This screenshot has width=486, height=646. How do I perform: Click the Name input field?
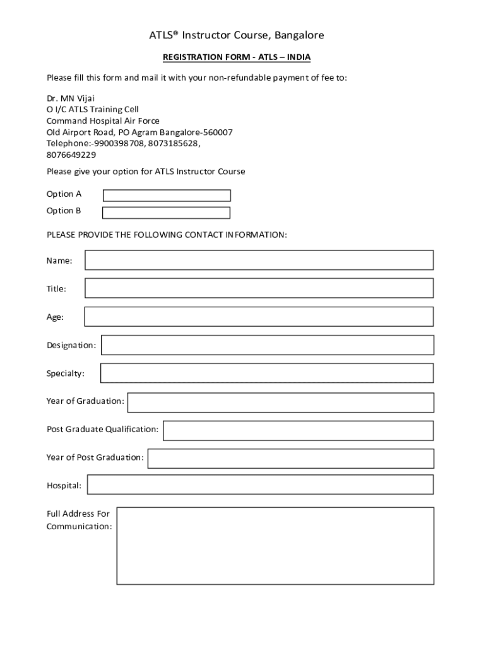(259, 260)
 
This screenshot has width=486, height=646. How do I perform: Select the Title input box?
(259, 288)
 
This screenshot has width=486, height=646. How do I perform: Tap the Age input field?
(259, 317)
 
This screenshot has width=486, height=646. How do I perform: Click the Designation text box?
(267, 345)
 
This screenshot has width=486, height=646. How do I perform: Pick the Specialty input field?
(267, 373)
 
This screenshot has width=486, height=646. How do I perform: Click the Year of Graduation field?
(280, 402)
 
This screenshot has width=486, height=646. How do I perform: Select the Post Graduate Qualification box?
(298, 430)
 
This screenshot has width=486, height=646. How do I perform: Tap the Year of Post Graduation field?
(290, 459)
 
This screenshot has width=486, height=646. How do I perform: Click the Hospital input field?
(260, 484)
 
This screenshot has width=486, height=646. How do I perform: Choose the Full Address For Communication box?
(275, 546)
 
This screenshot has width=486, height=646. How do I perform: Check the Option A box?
(167, 196)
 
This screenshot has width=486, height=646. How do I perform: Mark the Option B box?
(166, 213)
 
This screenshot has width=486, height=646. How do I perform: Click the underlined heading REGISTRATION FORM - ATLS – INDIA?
(237, 57)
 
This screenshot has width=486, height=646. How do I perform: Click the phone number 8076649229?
(71, 155)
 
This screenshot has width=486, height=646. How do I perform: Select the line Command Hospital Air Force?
(103, 120)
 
